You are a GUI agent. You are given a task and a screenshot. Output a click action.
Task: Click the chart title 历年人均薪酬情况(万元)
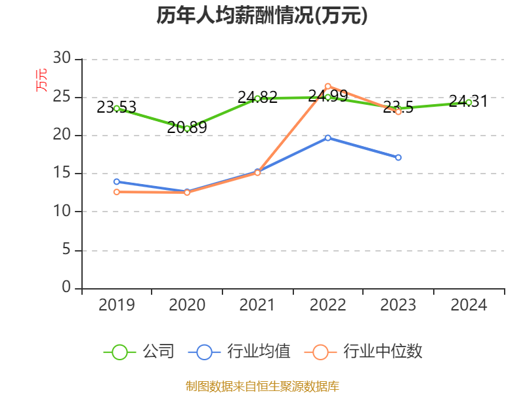click(x=262, y=16)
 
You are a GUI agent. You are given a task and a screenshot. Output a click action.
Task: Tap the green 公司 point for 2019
click(x=117, y=108)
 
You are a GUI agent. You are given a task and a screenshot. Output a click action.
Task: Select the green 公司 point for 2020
click(x=187, y=128)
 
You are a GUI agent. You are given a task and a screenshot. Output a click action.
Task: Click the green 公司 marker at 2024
click(x=469, y=102)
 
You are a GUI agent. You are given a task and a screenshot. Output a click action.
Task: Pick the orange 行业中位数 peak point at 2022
click(x=327, y=86)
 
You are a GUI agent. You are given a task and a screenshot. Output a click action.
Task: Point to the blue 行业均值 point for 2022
click(x=327, y=138)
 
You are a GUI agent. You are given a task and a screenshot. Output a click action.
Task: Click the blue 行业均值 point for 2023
click(x=398, y=157)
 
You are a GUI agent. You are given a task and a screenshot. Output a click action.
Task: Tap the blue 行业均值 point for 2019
click(x=117, y=181)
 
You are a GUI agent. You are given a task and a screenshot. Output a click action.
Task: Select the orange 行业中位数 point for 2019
click(x=117, y=192)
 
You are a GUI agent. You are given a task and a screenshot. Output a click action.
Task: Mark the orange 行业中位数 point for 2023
click(x=398, y=112)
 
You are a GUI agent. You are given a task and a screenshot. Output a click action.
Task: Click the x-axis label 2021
click(x=257, y=305)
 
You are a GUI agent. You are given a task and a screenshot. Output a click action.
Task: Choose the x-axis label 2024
click(x=469, y=305)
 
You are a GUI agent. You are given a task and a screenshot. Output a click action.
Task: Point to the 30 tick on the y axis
click(x=62, y=59)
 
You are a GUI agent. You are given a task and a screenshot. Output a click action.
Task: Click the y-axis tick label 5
click(x=66, y=250)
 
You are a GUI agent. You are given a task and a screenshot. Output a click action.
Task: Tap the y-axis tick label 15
click(x=62, y=174)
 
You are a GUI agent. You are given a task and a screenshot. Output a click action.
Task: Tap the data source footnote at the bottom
click(x=262, y=386)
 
